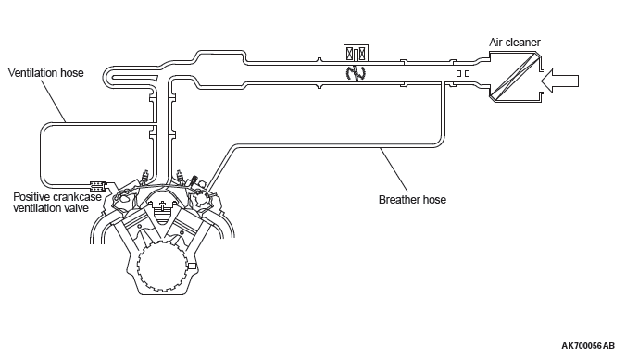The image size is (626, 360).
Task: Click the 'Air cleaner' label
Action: (x=515, y=43)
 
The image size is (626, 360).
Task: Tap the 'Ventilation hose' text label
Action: (x=46, y=73)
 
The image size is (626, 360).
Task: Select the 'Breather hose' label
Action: (x=412, y=200)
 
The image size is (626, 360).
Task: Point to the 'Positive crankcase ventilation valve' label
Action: (x=57, y=203)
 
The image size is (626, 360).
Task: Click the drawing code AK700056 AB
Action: (x=588, y=345)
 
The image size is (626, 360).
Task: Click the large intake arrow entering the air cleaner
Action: (x=559, y=81)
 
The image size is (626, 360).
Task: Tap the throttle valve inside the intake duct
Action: (x=356, y=72)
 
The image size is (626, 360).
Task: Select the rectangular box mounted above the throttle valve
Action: (x=356, y=53)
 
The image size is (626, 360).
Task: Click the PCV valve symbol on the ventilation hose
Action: (x=98, y=186)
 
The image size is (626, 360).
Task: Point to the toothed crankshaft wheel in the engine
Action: (x=162, y=265)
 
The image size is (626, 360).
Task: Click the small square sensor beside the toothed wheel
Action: (x=192, y=266)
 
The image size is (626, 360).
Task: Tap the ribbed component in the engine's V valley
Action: (x=162, y=213)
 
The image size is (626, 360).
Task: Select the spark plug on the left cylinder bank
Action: (x=145, y=176)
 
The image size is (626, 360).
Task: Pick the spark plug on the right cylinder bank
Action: (x=180, y=176)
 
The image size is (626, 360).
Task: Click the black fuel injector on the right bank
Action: (x=194, y=180)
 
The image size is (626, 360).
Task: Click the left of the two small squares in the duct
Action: (x=458, y=73)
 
